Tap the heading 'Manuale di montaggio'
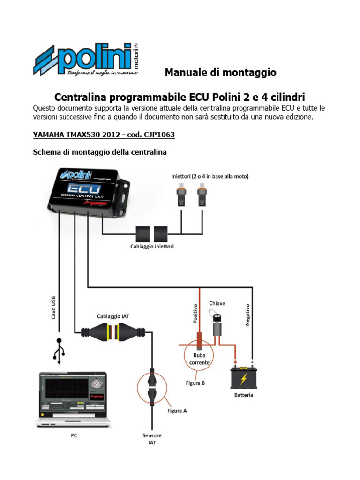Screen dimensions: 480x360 (x=220, y=73)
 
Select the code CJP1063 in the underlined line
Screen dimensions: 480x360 (x=159, y=135)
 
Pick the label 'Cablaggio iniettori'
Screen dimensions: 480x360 (x=152, y=246)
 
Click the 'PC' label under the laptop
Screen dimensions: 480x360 (x=74, y=435)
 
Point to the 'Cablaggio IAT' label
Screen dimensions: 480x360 (x=113, y=316)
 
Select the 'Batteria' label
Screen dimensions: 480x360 (x=244, y=395)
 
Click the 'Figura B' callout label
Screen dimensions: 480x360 (x=195, y=383)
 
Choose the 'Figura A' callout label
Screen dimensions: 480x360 (x=177, y=411)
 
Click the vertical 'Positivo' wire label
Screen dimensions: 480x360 (x=196, y=314)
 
